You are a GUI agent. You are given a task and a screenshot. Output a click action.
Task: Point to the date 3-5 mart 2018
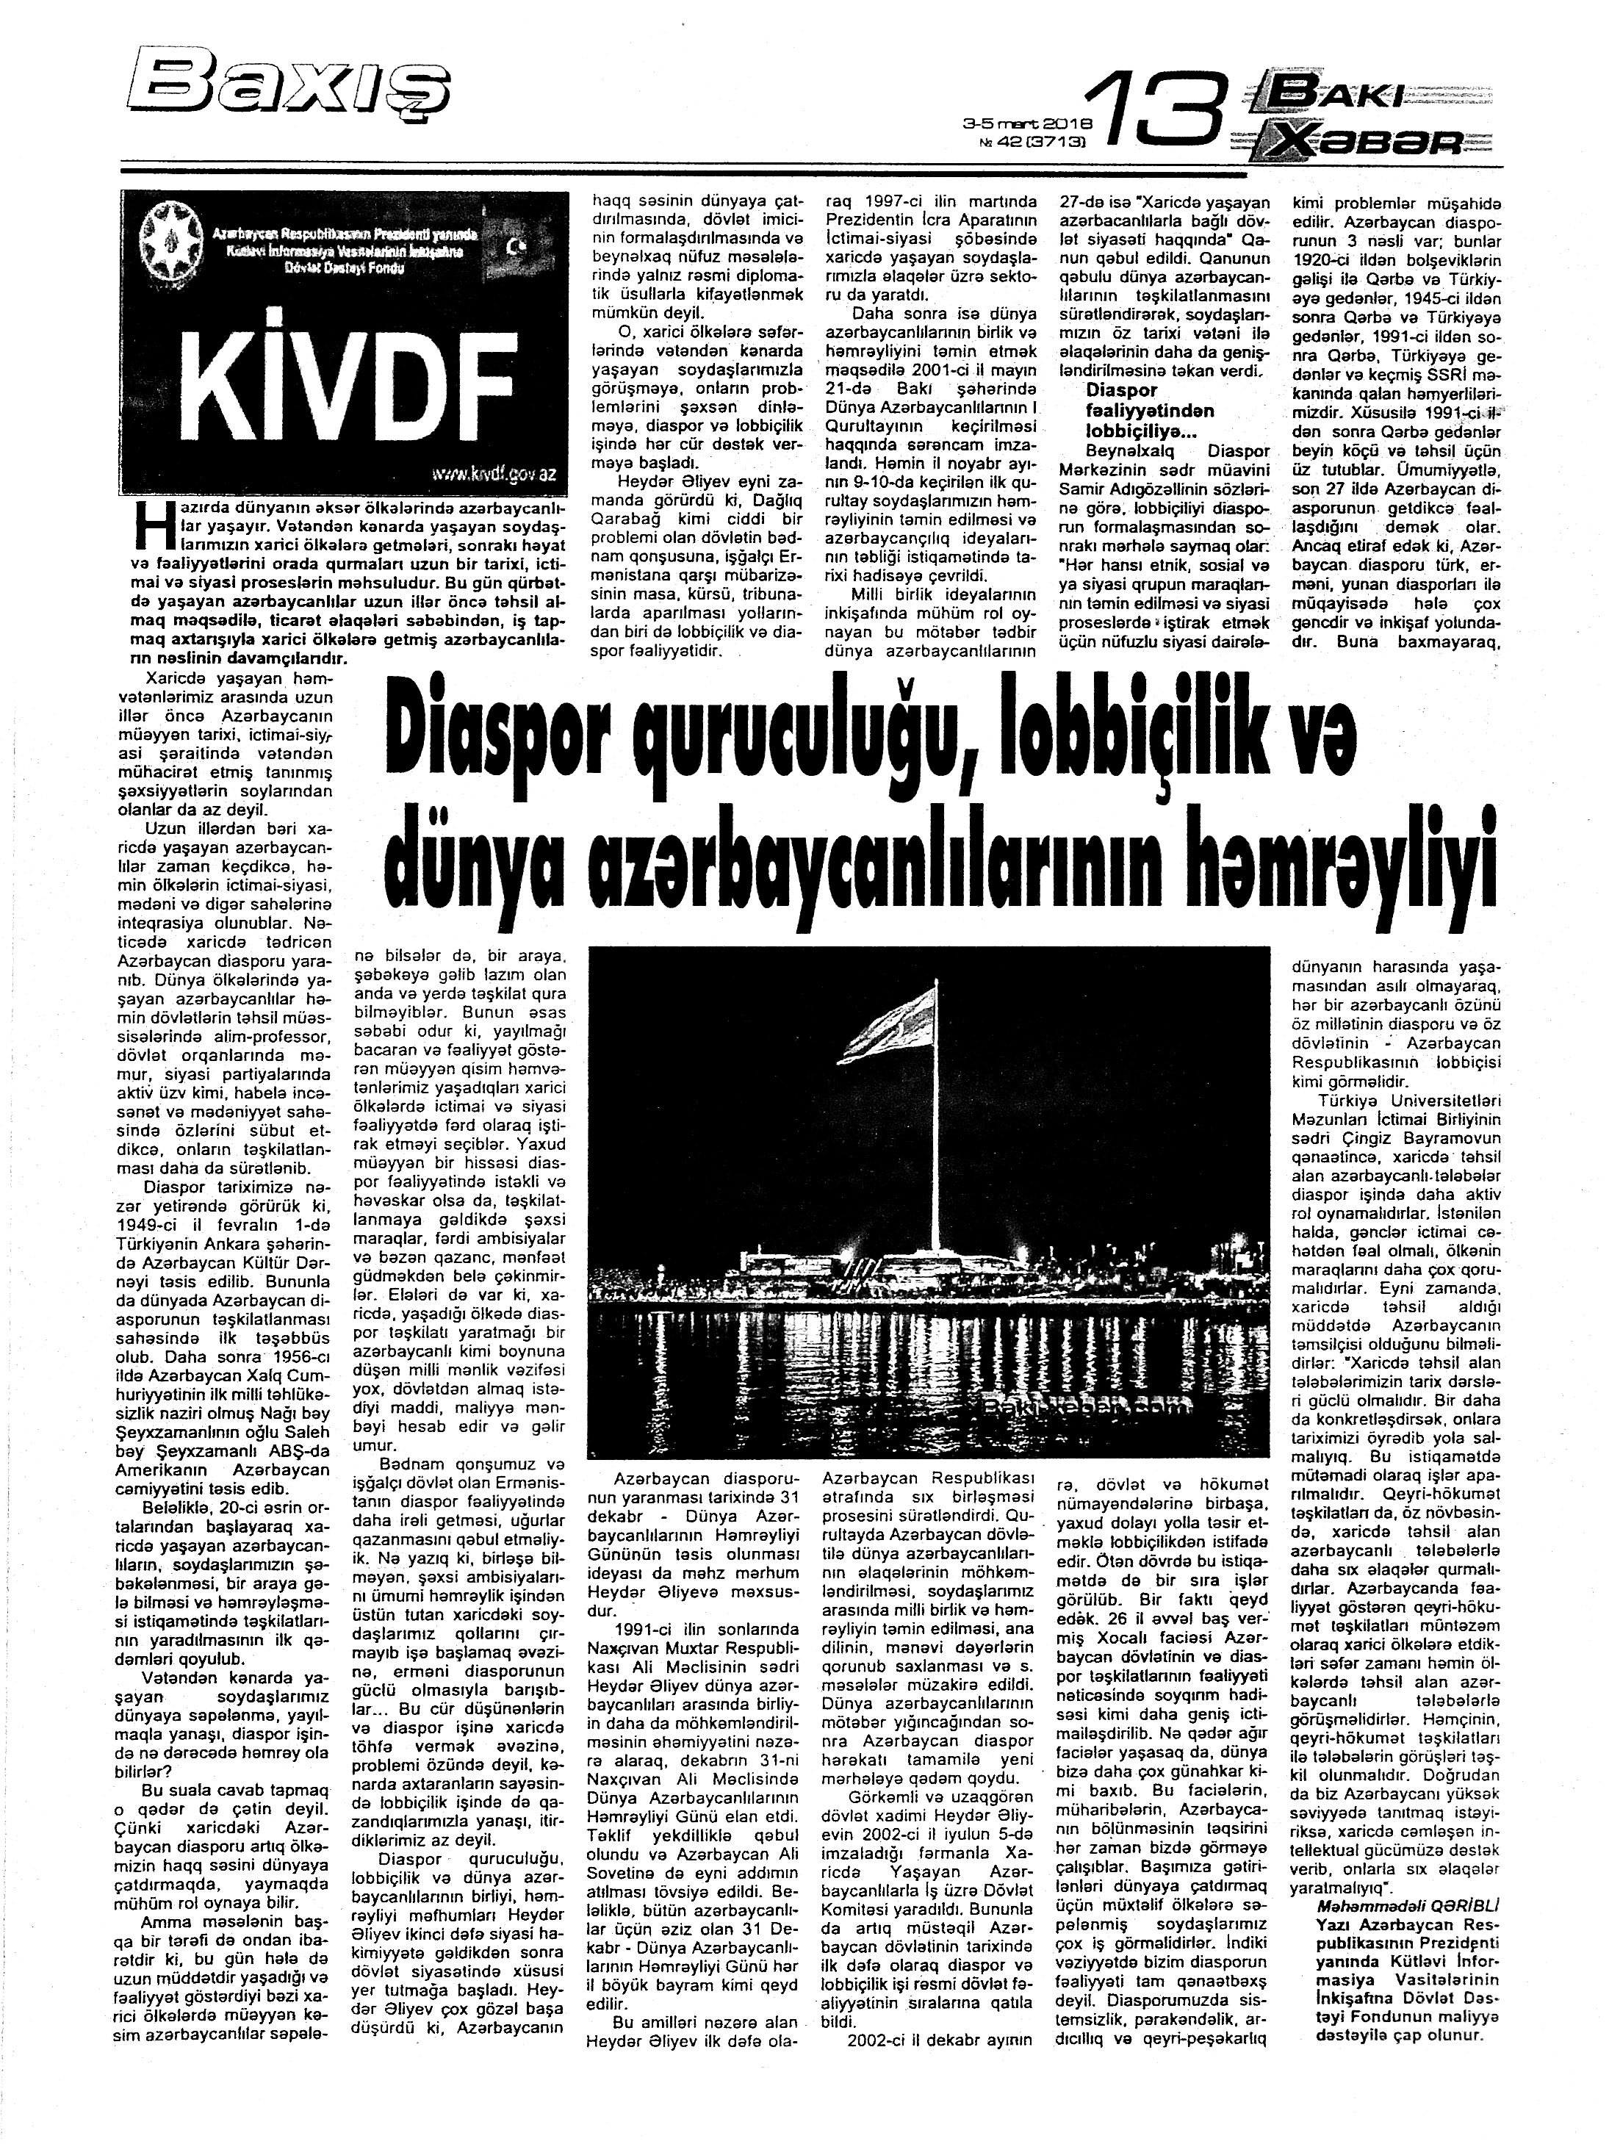[1026, 124]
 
